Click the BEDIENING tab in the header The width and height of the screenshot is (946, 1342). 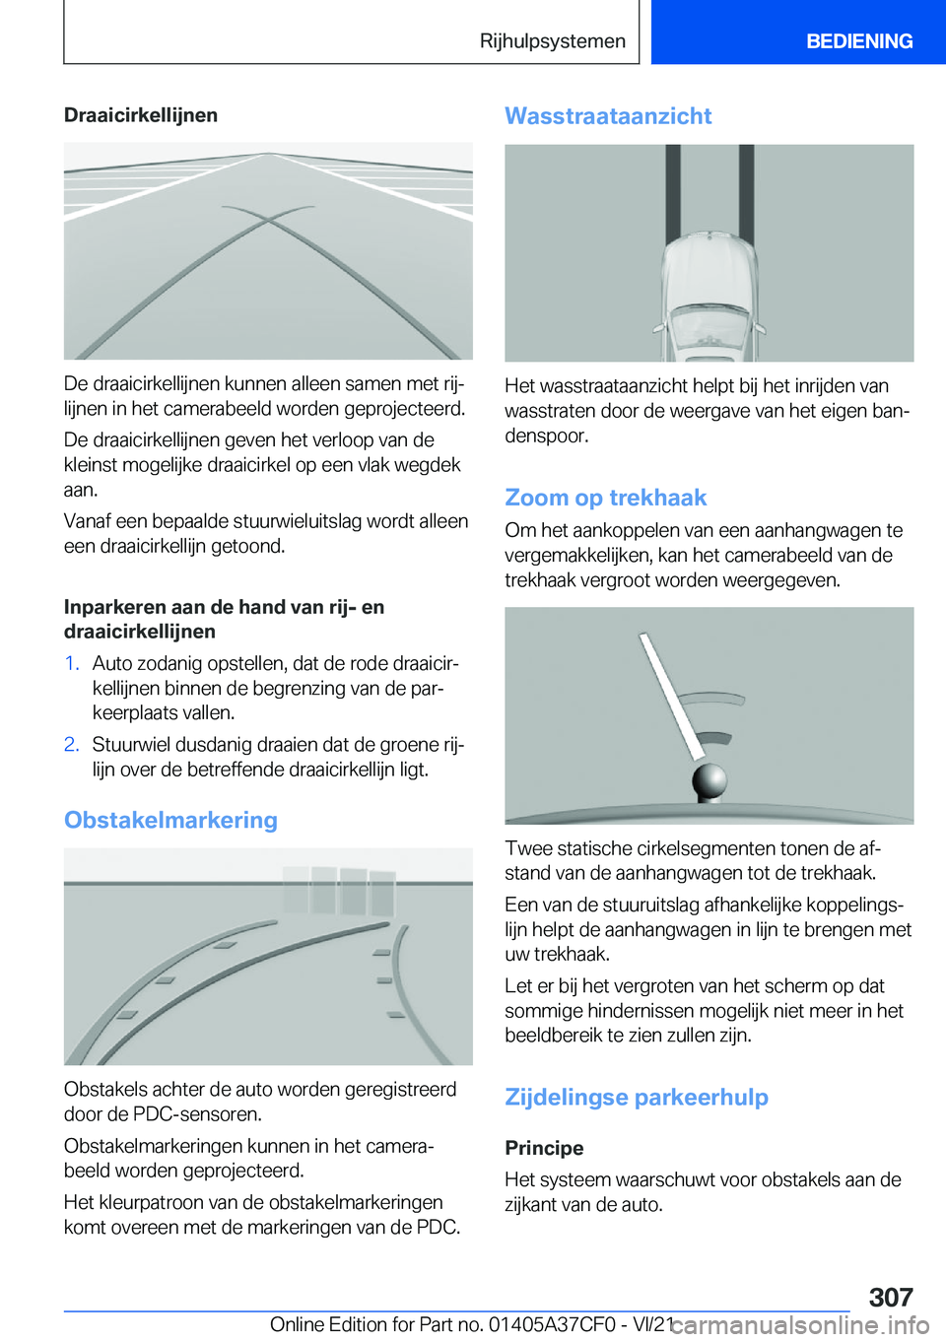858,41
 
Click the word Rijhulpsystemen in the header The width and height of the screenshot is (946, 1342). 552,41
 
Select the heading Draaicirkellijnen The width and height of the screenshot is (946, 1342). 141,115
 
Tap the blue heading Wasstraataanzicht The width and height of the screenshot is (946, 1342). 608,116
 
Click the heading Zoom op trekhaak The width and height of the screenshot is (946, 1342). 606,498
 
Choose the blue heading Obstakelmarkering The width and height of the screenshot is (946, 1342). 170,820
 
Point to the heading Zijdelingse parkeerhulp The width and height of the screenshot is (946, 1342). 637,1097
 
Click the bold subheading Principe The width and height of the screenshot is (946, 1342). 544,1148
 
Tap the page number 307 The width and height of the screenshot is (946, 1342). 891,1297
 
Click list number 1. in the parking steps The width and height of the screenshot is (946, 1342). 72,663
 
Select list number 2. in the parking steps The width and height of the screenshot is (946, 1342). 72,744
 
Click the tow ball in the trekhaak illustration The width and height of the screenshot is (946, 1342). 709,783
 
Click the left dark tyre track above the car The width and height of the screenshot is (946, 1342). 673,187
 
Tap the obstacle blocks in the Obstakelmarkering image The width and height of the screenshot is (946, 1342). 340,890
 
